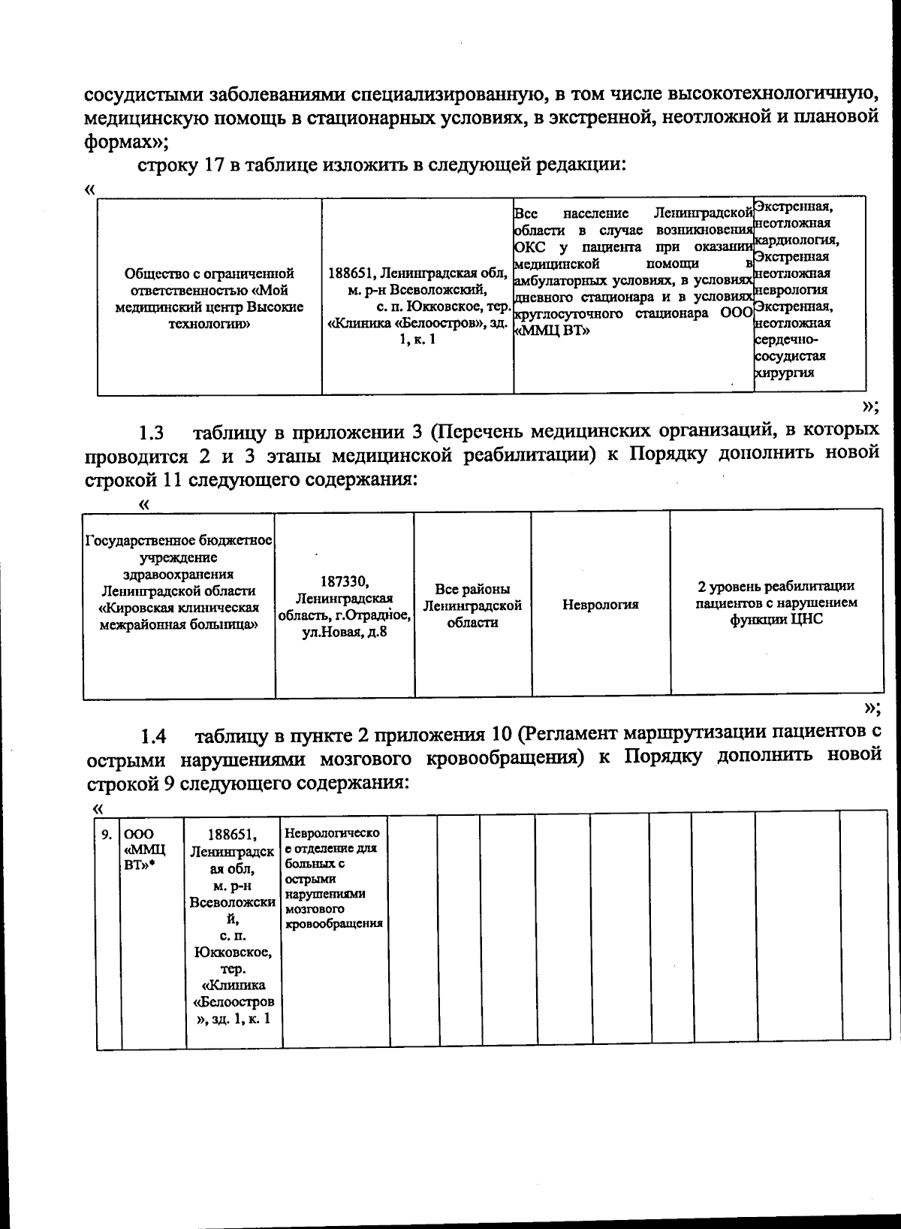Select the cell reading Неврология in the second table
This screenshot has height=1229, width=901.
[601, 605]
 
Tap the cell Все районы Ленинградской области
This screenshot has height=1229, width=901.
[472, 605]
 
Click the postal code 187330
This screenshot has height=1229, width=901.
[344, 581]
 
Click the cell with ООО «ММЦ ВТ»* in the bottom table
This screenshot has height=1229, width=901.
[145, 849]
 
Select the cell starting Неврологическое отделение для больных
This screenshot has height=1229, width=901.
[334, 879]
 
